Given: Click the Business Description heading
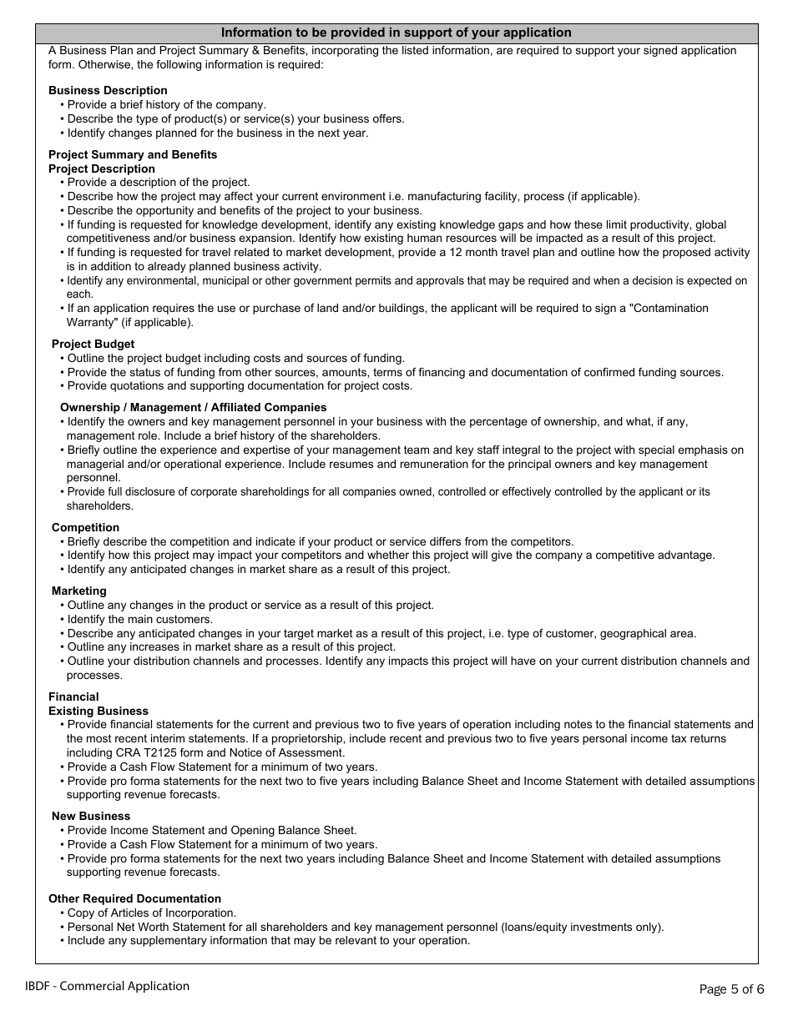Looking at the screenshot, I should click(108, 90).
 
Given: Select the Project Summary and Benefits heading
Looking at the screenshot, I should click(133, 154).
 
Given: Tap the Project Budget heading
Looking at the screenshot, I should click(93, 344).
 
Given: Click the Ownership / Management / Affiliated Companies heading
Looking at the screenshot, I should click(194, 407).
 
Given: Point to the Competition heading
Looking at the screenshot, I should click(85, 527).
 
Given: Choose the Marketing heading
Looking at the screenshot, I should click(79, 591).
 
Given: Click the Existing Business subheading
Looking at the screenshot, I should click(98, 711).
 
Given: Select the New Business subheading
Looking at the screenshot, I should click(91, 816).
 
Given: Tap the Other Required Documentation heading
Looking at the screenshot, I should click(134, 898).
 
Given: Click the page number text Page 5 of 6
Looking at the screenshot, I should click(731, 989).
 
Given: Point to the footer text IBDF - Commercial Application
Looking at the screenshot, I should click(108, 986).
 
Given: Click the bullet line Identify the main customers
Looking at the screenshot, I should click(140, 619).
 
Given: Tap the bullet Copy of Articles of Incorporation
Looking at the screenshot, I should click(152, 913).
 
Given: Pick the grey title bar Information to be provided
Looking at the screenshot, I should click(396, 33).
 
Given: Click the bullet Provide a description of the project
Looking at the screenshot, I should click(159, 182).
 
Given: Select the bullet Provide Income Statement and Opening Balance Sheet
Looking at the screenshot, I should click(212, 830).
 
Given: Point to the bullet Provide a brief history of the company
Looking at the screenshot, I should click(167, 104).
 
